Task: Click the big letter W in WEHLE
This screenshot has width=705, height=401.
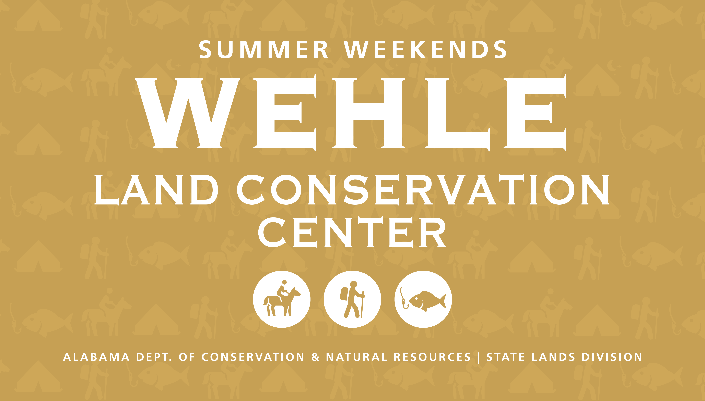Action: click(188, 113)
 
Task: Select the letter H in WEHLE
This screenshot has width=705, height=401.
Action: click(369, 113)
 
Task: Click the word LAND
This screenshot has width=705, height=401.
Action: click(156, 190)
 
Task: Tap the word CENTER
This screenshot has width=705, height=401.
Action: click(352, 232)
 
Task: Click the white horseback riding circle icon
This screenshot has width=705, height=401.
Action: click(282, 299)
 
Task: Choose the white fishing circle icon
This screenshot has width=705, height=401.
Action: click(423, 299)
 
